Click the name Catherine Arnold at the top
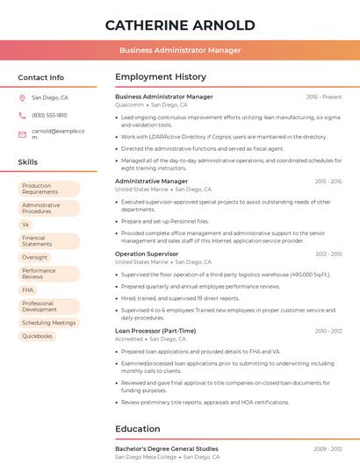(x=179, y=25)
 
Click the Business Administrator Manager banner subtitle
(x=179, y=50)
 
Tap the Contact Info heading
(x=40, y=77)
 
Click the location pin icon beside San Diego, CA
(x=22, y=98)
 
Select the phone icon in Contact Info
(x=22, y=115)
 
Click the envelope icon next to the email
(x=22, y=134)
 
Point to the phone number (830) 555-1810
(x=49, y=115)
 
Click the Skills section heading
(x=28, y=162)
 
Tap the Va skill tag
(x=25, y=224)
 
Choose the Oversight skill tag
(x=35, y=257)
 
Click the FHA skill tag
(x=28, y=290)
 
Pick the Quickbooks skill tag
(x=37, y=336)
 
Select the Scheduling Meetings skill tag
(x=48, y=322)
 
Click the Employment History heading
(x=161, y=77)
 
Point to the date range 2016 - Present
(x=324, y=97)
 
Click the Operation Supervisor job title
(x=147, y=254)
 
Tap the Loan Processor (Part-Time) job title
(x=155, y=331)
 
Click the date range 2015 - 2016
(x=328, y=182)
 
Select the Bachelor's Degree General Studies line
(x=167, y=448)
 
